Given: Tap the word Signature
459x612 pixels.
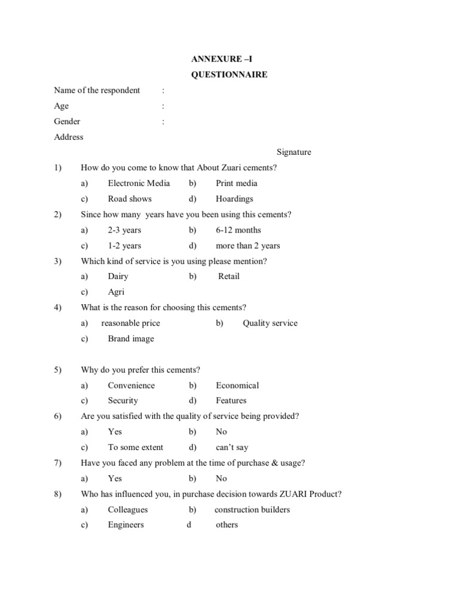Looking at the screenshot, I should [294, 152].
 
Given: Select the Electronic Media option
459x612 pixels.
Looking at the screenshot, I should [139, 183].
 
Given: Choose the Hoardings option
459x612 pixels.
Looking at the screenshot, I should [234, 199].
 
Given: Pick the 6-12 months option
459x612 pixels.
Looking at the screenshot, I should [238, 230].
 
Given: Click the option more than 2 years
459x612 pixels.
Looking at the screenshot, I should [247, 246].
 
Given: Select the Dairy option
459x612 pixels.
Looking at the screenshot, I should [118, 277].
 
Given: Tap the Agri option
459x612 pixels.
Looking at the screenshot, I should [116, 292].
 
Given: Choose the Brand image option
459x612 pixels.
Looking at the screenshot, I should [131, 339].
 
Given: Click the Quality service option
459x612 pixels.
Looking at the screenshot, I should [270, 323].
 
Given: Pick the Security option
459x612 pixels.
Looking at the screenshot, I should [123, 401].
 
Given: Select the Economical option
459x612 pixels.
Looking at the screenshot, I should [237, 385].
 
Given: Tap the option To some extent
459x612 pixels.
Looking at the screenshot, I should [135, 448].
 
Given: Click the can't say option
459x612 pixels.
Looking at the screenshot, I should [232, 448].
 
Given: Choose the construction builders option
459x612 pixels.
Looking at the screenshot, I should [252, 510].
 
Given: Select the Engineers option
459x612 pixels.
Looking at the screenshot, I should [126, 525].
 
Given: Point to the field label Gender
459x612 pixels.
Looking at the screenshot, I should [67, 121].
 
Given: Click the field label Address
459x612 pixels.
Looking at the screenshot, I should [69, 137].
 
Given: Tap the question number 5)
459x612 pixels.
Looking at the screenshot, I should [58, 370].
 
